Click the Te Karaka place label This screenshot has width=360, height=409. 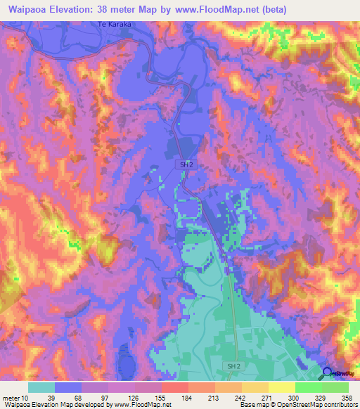click(x=115, y=24)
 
